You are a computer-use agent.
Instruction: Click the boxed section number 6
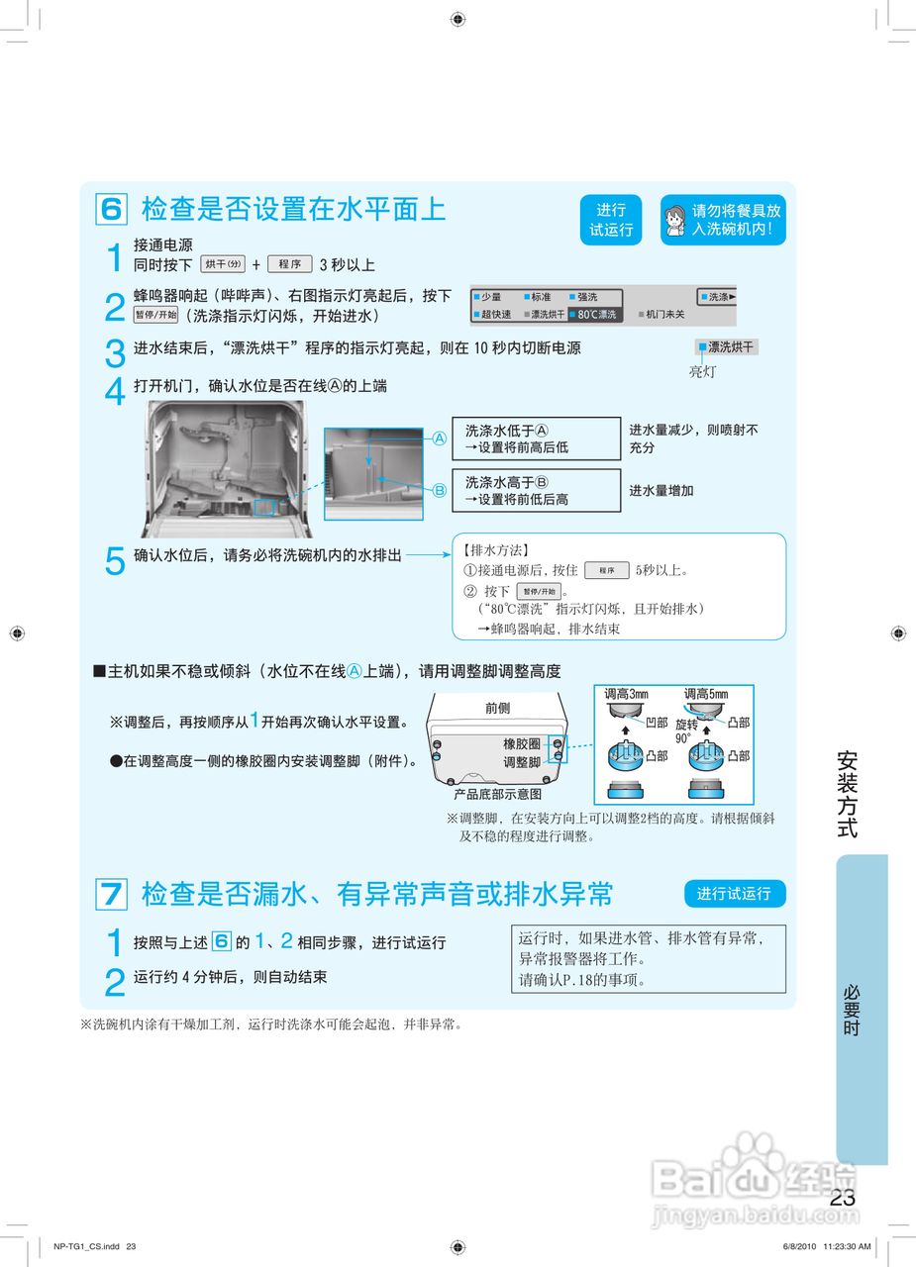point(111,210)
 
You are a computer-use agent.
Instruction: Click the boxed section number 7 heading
point(111,895)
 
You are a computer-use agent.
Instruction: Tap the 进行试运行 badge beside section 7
point(734,894)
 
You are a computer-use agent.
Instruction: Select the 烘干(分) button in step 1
point(223,264)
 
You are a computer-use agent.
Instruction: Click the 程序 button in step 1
point(289,264)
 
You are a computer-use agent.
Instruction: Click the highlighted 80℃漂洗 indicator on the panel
point(594,315)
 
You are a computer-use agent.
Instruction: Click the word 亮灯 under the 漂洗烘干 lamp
point(702,372)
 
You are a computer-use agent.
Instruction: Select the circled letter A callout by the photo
point(440,438)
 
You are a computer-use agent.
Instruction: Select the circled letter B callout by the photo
point(440,489)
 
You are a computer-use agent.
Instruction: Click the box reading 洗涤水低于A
point(536,439)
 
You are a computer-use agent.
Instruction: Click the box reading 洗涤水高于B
point(536,490)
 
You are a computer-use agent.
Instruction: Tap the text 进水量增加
point(662,491)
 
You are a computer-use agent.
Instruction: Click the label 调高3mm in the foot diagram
point(626,695)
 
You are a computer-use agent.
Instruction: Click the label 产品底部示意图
point(497,794)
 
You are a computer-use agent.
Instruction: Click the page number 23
point(843,1198)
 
